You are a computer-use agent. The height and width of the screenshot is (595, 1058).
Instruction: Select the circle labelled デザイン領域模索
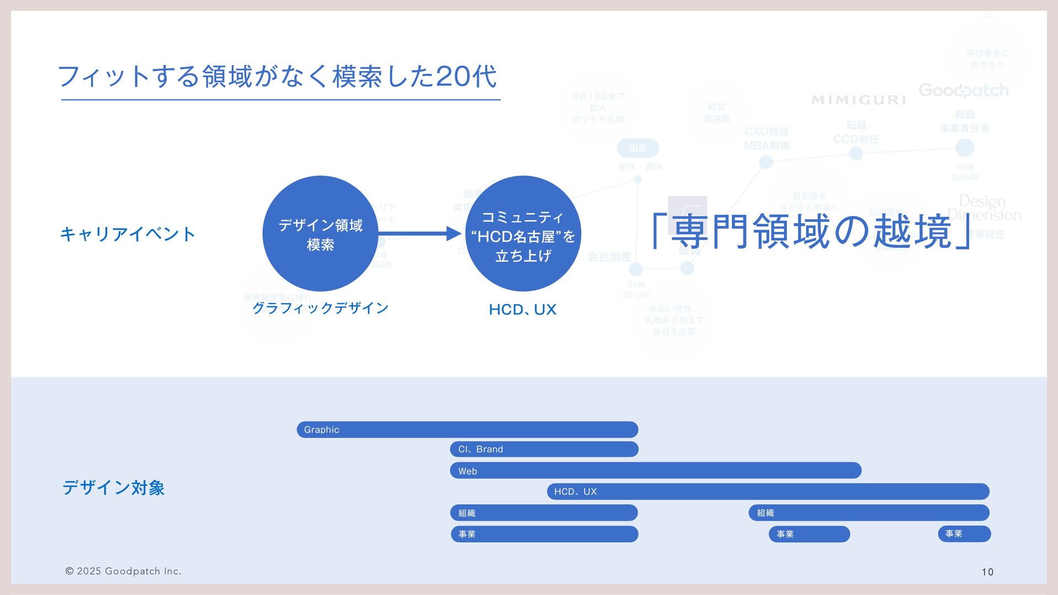click(320, 234)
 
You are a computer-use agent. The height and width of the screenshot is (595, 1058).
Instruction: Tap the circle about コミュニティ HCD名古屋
click(523, 234)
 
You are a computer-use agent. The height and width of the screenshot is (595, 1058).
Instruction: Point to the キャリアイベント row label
click(128, 234)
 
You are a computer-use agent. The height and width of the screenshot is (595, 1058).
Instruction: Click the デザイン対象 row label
click(114, 488)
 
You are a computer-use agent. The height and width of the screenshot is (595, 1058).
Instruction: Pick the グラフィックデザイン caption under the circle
click(320, 308)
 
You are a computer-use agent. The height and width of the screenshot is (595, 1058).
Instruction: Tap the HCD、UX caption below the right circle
click(522, 310)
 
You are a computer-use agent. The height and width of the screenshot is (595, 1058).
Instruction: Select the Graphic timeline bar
click(467, 430)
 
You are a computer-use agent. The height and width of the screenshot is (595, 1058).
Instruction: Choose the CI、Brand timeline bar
click(544, 449)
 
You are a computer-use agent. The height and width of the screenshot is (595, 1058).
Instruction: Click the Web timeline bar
click(656, 470)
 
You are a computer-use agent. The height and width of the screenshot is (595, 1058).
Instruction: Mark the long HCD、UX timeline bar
click(768, 491)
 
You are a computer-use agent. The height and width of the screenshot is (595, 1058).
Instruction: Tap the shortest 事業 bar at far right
click(964, 534)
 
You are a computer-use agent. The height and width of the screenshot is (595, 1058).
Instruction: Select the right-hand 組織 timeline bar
click(869, 513)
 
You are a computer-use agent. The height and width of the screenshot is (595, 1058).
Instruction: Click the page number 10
click(987, 572)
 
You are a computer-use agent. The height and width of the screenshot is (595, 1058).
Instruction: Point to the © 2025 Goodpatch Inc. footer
click(123, 571)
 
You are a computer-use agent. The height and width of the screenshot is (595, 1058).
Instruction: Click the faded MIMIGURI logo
click(859, 100)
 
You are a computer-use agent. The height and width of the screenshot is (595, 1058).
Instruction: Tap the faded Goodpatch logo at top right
click(963, 90)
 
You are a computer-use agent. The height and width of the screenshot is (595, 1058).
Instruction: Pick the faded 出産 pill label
click(638, 148)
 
